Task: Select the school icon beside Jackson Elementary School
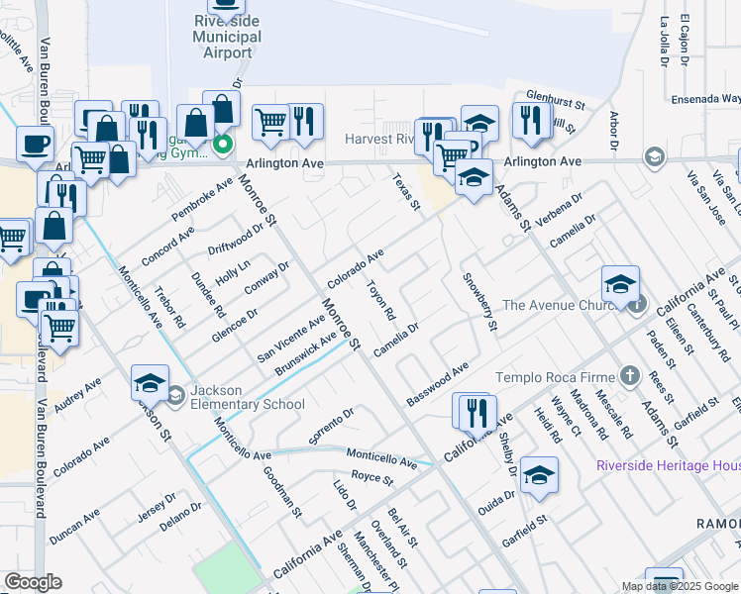pyautogui.click(x=174, y=396)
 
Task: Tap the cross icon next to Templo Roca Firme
pyautogui.click(x=628, y=375)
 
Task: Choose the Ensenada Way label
pyautogui.click(x=704, y=99)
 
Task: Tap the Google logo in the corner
pyautogui.click(x=33, y=582)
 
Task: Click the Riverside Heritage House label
pyautogui.click(x=668, y=465)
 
